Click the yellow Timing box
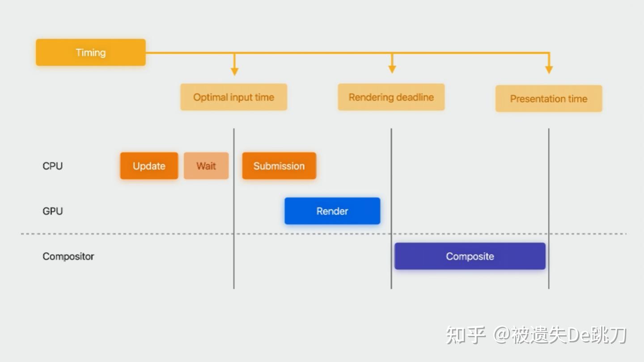tap(91, 53)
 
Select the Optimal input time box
tap(233, 97)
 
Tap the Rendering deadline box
tap(391, 97)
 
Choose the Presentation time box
tap(549, 99)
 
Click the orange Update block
tap(149, 166)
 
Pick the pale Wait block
tap(206, 166)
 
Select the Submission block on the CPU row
tap(279, 166)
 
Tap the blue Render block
tap(332, 211)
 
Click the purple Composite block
tap(470, 256)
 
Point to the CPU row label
tap(53, 166)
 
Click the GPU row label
tap(53, 211)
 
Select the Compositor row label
tap(68, 257)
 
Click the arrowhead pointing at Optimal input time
tap(234, 71)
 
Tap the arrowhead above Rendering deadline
tap(392, 69)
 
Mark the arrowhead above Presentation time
tap(549, 70)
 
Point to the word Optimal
tap(210, 97)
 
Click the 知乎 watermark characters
tap(466, 335)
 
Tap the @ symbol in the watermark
tap(501, 335)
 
